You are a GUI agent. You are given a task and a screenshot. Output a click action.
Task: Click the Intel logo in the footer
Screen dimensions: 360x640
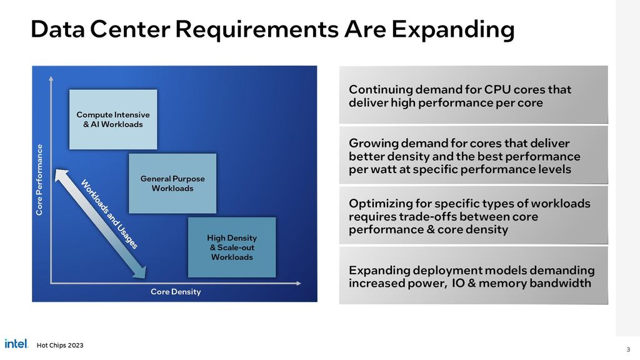click(16, 343)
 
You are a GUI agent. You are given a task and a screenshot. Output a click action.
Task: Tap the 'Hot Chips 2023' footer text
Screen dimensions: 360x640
click(60, 346)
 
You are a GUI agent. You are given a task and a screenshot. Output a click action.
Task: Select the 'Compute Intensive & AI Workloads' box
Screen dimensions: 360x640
click(112, 119)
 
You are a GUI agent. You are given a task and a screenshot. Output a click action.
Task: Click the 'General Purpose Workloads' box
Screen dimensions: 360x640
click(172, 183)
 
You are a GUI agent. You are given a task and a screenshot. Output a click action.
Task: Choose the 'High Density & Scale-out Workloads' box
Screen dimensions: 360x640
click(231, 247)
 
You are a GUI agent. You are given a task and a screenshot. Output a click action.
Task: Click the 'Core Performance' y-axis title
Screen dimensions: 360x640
click(39, 180)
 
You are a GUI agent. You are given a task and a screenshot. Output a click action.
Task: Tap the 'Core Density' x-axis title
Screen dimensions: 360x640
click(176, 292)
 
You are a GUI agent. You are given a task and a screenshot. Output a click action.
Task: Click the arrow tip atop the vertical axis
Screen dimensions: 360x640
click(51, 77)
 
